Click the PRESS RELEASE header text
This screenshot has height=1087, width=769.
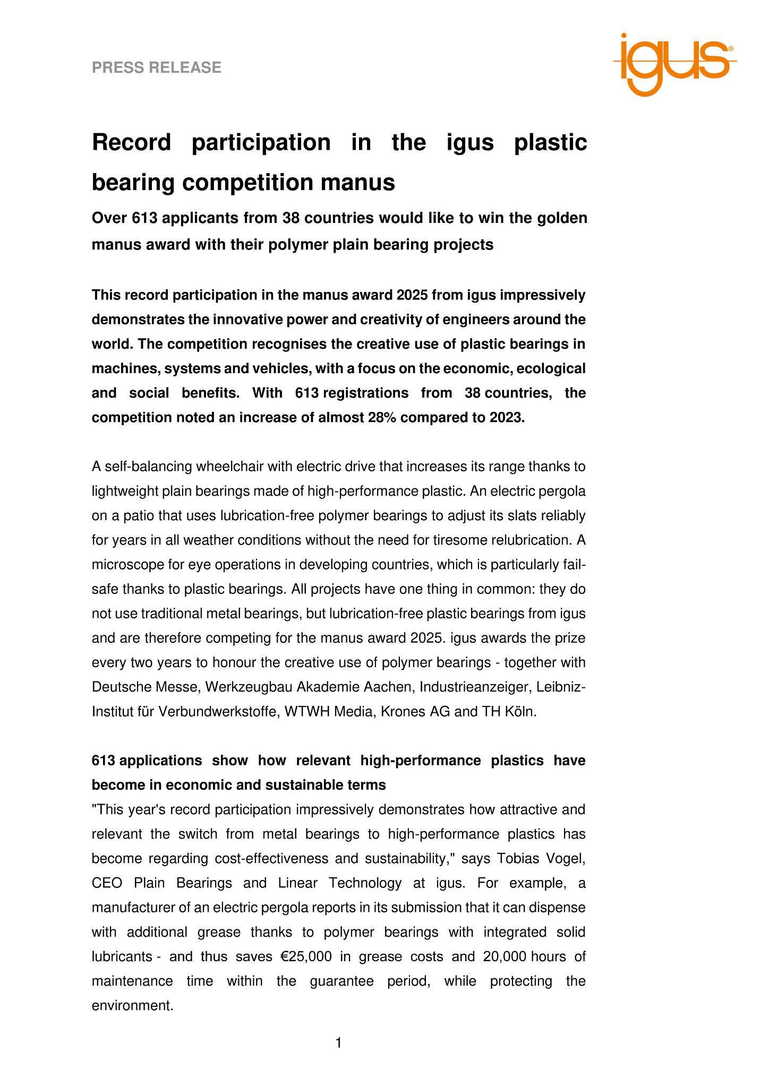157,67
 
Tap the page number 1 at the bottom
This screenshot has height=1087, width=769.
339,1043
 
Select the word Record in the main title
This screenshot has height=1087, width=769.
132,142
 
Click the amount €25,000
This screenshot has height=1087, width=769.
306,956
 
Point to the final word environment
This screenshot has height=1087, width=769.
132,1005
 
